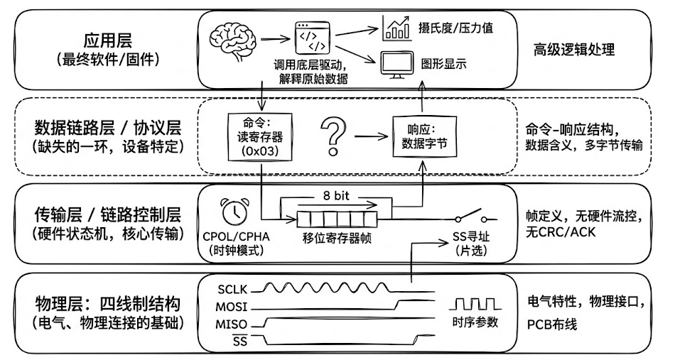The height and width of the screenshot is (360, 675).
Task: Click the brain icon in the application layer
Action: (x=236, y=38)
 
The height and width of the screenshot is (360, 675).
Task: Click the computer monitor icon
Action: (x=395, y=65)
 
